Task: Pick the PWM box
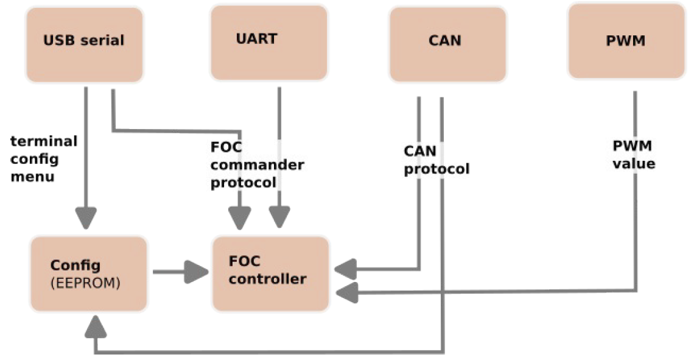click(x=626, y=41)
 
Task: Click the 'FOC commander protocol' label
click(x=257, y=164)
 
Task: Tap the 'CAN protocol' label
click(x=436, y=160)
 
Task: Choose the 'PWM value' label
click(x=634, y=155)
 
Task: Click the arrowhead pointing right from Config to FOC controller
click(x=195, y=272)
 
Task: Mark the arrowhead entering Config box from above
click(x=86, y=217)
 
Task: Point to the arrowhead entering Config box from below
click(x=96, y=330)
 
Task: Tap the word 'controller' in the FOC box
click(x=267, y=280)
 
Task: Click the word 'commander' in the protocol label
click(x=257, y=164)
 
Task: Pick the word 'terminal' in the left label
click(x=44, y=142)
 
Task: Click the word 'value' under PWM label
click(x=634, y=163)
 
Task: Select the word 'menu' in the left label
click(x=32, y=177)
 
